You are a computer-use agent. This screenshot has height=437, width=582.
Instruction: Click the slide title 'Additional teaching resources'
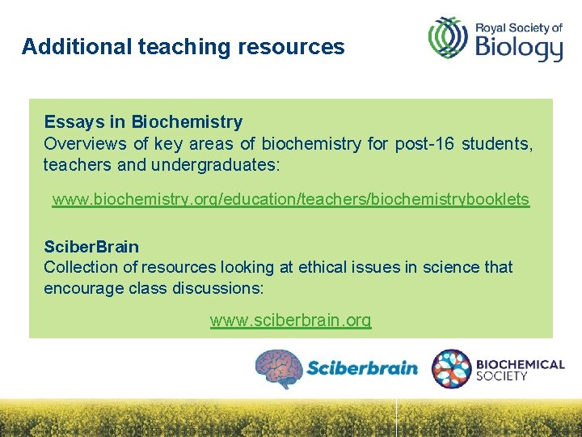pos(183,47)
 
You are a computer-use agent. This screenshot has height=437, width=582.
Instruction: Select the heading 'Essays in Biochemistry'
pos(143,122)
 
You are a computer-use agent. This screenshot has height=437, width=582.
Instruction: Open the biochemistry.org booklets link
pos(291,199)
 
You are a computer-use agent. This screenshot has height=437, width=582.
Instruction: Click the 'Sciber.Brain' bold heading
pos(91,247)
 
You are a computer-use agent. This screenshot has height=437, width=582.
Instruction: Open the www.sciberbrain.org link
pos(291,320)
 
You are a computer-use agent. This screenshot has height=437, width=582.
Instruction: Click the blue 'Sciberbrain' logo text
pos(361,369)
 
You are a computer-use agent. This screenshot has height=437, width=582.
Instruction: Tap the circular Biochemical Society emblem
pos(451,368)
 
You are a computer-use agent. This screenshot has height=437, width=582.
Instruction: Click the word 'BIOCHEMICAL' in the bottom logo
pos(521,364)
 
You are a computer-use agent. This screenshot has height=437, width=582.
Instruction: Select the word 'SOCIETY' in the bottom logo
pos(502,376)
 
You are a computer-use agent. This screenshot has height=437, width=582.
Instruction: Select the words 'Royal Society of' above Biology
pos(518,27)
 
